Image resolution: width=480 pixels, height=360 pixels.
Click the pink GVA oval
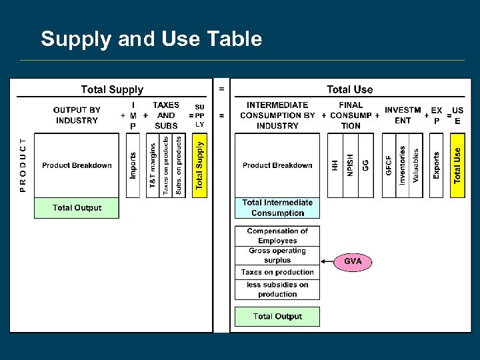[x=353, y=261]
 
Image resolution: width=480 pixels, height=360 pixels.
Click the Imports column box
[x=133, y=165]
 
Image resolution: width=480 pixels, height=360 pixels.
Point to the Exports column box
[x=436, y=165]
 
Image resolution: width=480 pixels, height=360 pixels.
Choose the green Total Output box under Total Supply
[x=77, y=208]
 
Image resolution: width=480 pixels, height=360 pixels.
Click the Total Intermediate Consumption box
[x=277, y=208]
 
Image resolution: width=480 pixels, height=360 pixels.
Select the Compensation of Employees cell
[x=277, y=236]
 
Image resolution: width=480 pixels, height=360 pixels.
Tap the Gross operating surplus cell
[x=277, y=255]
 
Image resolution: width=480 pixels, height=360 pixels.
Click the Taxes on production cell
[x=277, y=272]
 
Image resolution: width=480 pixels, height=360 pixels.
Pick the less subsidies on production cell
[x=277, y=289]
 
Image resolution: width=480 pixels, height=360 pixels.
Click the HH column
[x=335, y=165]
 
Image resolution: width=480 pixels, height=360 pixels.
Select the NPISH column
[x=351, y=165]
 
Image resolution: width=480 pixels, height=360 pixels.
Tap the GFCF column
[x=389, y=165]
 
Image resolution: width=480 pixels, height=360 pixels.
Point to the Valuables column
[x=416, y=165]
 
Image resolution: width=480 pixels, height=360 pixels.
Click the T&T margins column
[x=153, y=165]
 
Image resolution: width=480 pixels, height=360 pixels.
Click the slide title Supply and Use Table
[x=151, y=39]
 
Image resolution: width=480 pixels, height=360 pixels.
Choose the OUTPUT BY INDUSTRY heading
[x=77, y=115]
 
